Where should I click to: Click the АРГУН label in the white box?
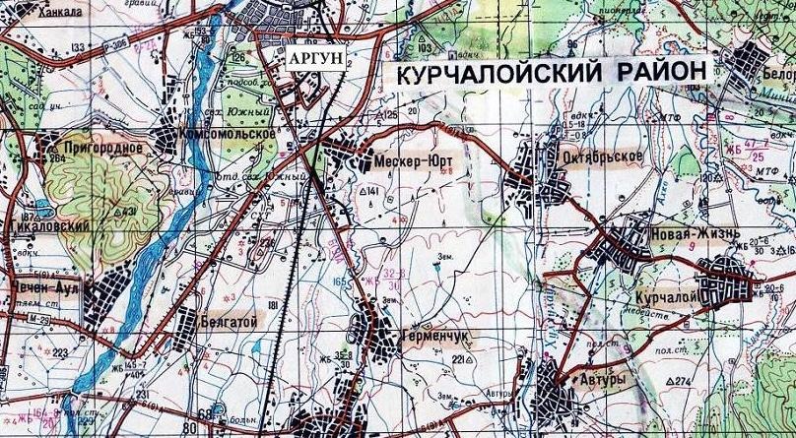point(316,58)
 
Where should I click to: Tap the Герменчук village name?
point(433,335)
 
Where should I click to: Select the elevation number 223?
point(61,351)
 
